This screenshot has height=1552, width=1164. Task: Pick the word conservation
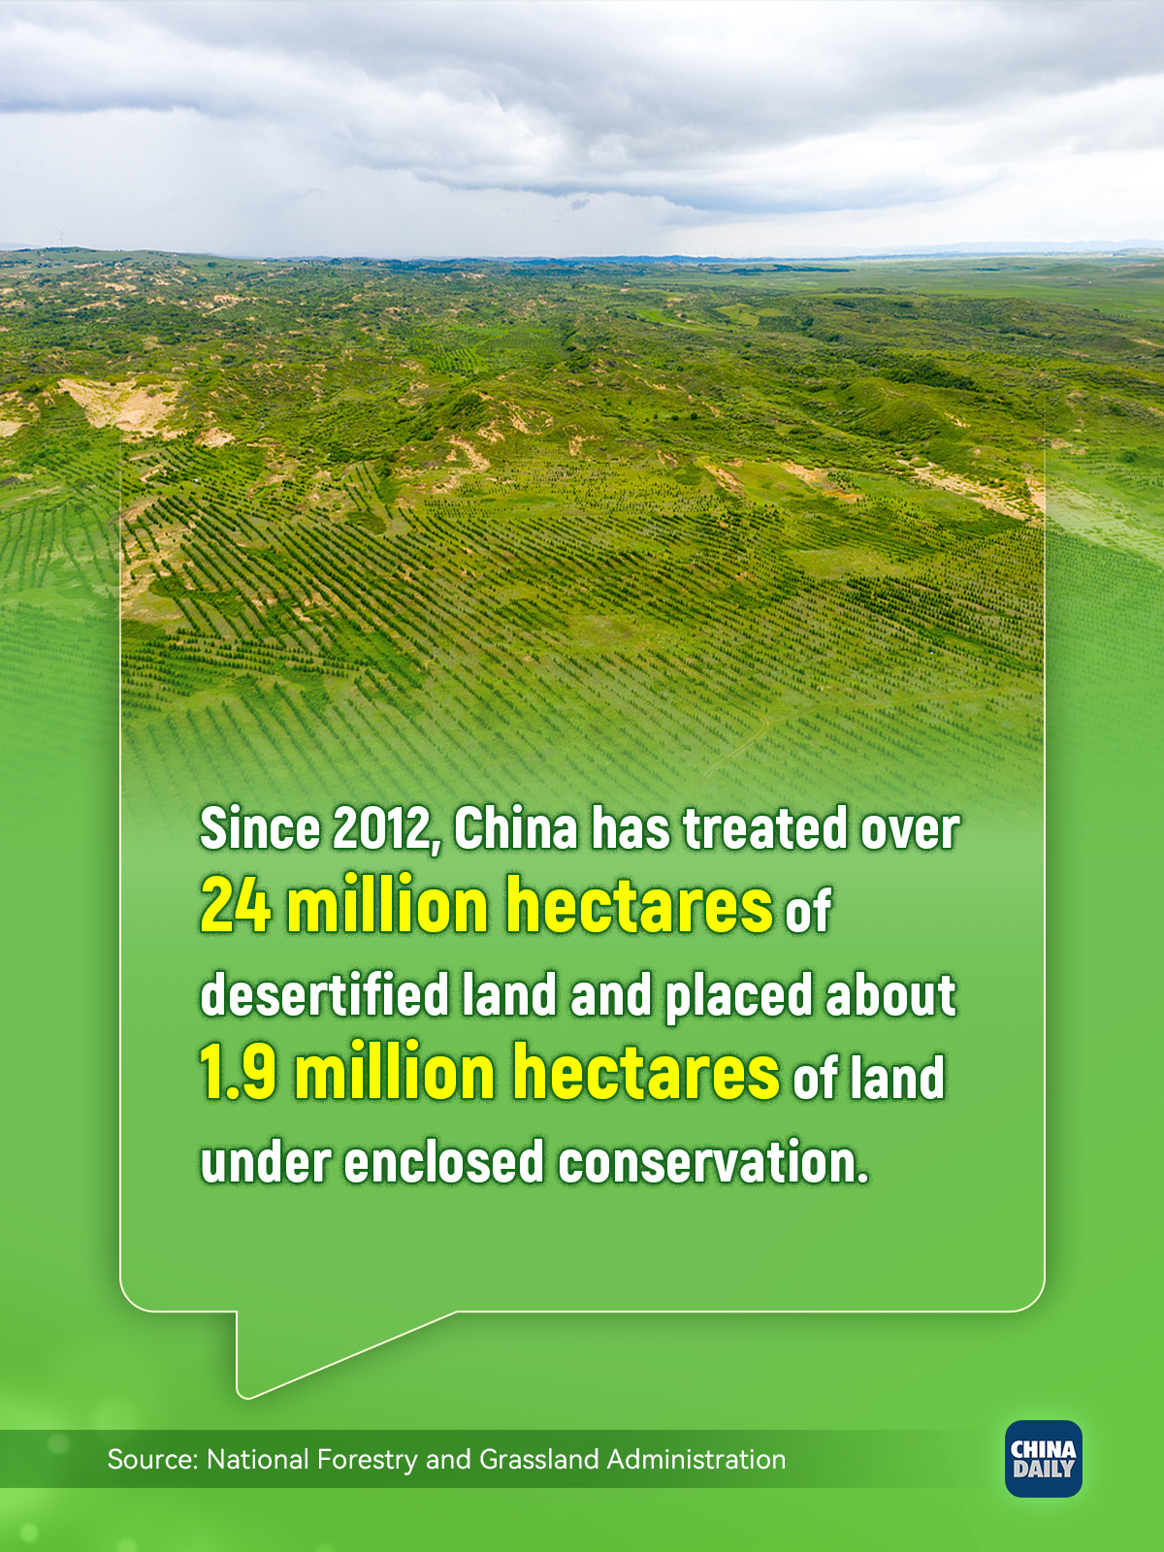(x=713, y=1160)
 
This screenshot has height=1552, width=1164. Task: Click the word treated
(x=764, y=828)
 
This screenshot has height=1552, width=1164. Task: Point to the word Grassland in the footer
(x=539, y=1460)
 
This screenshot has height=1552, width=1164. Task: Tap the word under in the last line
(x=266, y=1160)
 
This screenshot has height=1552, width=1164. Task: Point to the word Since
(x=259, y=828)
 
